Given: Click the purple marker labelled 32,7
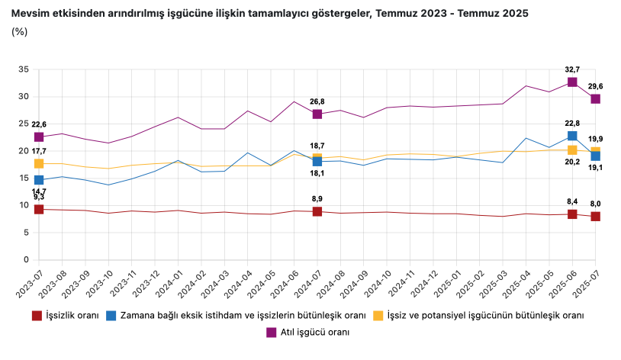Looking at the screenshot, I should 572,82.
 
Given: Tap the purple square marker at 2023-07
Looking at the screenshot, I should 39,137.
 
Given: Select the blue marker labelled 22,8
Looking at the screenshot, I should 572,136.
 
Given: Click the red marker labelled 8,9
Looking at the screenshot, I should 317,211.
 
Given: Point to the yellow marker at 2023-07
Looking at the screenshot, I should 39,163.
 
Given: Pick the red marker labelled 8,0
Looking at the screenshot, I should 595,217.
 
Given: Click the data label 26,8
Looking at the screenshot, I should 317,101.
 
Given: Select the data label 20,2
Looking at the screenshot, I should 572,162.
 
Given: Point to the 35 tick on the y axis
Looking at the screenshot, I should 23,69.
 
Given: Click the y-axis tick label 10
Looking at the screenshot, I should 23,205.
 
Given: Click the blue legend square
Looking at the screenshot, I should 112,315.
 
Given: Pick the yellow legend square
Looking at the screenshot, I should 378,315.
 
